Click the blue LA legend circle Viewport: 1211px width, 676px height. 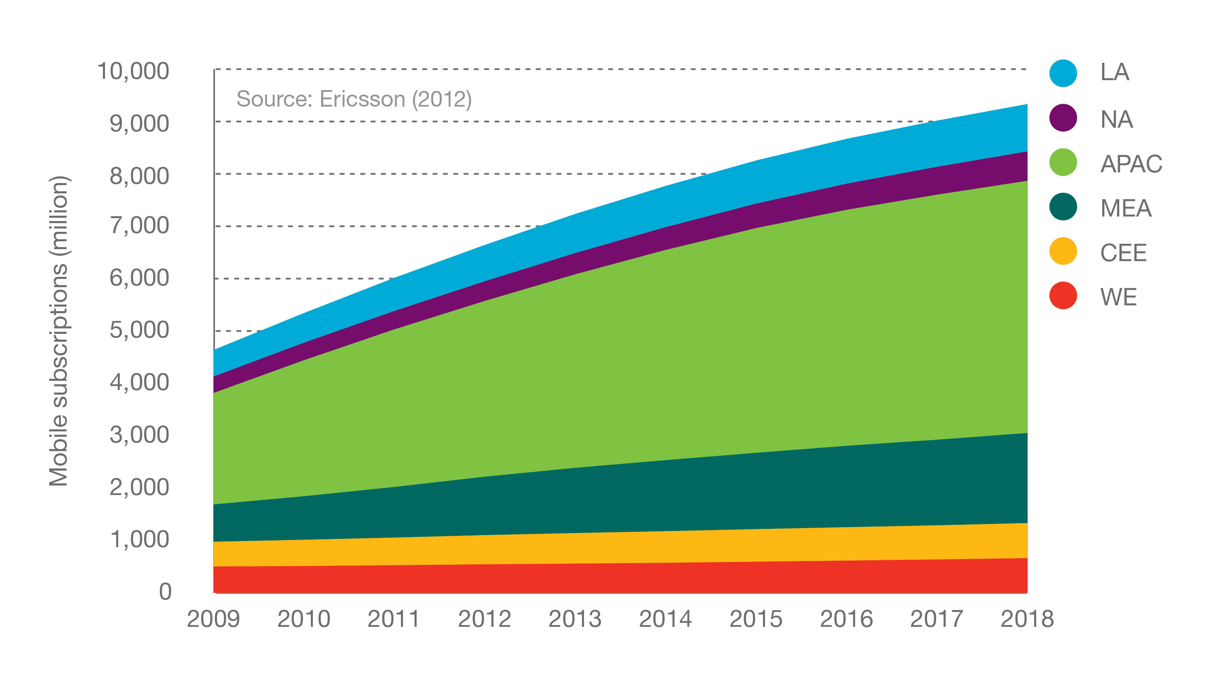coord(1063,73)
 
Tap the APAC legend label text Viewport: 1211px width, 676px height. coord(1131,164)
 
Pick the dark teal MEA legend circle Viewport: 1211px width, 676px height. coord(1063,207)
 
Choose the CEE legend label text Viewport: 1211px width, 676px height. coord(1123,252)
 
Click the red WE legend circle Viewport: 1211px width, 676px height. coord(1063,296)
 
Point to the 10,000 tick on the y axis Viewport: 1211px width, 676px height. coord(133,71)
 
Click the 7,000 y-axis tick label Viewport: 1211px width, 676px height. coord(139,225)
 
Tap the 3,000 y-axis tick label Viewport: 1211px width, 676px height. coord(139,434)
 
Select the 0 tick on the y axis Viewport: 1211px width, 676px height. coord(165,591)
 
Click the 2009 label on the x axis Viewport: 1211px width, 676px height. coord(213,619)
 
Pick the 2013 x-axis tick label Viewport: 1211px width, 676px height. coord(575,619)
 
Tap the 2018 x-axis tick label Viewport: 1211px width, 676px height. coord(1027,619)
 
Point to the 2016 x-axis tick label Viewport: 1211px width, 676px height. coord(846,619)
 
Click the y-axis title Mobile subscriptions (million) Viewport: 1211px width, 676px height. coord(59,331)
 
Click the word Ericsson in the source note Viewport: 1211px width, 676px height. coord(362,99)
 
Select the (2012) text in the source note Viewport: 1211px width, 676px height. coord(441,99)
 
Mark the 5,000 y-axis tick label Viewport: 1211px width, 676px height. coord(139,330)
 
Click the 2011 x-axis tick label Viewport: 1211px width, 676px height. coord(393,619)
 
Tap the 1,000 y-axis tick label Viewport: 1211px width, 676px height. coord(139,539)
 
